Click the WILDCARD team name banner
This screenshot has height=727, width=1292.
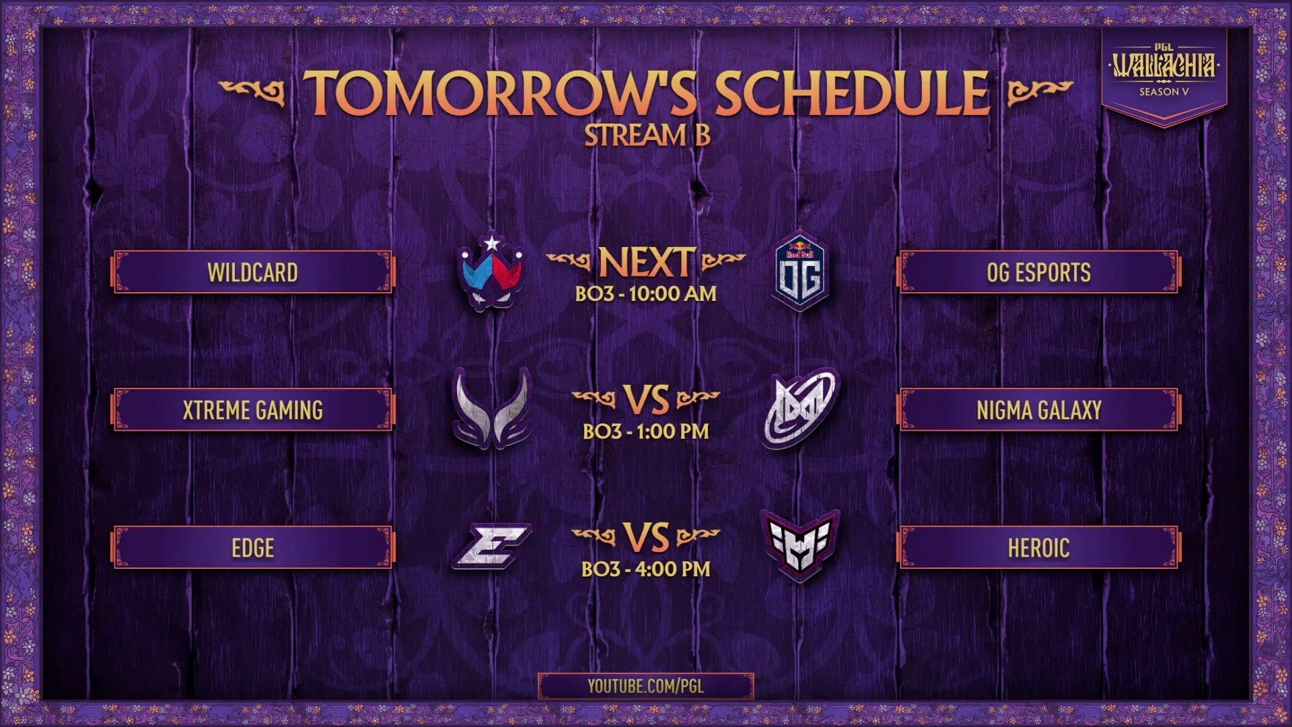click(x=252, y=272)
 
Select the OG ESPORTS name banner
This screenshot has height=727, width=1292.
click(x=1038, y=272)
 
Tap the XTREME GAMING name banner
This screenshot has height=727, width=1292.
click(x=252, y=409)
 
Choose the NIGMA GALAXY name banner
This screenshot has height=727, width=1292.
click(x=1038, y=409)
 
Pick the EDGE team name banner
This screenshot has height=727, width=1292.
click(x=252, y=547)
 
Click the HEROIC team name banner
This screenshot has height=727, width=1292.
click(x=1038, y=547)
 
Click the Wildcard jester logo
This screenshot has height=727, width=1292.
click(x=491, y=271)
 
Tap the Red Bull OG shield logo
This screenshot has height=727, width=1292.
click(x=800, y=271)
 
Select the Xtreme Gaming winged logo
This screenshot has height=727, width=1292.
click(x=492, y=408)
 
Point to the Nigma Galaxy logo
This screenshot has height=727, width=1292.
click(x=801, y=408)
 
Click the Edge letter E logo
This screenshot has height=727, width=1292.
click(x=492, y=546)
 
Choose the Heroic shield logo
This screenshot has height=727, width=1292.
click(x=800, y=546)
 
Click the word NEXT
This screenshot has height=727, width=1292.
click(x=646, y=262)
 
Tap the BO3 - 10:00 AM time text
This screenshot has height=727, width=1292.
click(x=646, y=294)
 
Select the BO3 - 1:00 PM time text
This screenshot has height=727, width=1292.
click(x=646, y=431)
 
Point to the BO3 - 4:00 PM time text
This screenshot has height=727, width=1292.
click(x=646, y=569)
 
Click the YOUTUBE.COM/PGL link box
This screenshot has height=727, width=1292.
click(x=646, y=686)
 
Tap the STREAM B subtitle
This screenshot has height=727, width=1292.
click(x=647, y=135)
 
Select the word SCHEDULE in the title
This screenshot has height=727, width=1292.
click(x=852, y=94)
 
